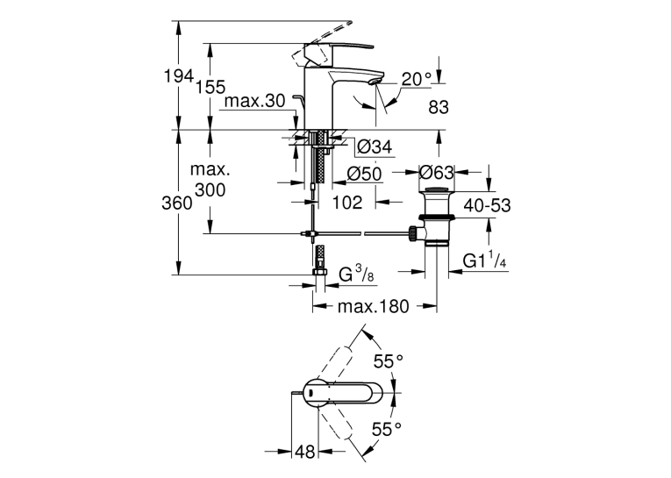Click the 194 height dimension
pos(179,76)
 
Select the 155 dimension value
pos(211,87)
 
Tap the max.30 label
pos(254,101)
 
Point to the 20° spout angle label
pos(417,79)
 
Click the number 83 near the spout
pos(439,107)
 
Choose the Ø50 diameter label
pos(364,174)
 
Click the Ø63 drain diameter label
pos(436,173)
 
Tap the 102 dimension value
pos(347,202)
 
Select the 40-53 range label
pos(488,206)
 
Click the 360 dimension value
pos(176,203)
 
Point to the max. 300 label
pos(211,180)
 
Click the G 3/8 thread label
pos(356,275)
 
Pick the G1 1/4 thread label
pos(485,260)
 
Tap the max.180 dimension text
pos(373,306)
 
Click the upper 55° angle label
pos(389,361)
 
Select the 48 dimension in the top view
pos(305,452)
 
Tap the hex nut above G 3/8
pos(319,273)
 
